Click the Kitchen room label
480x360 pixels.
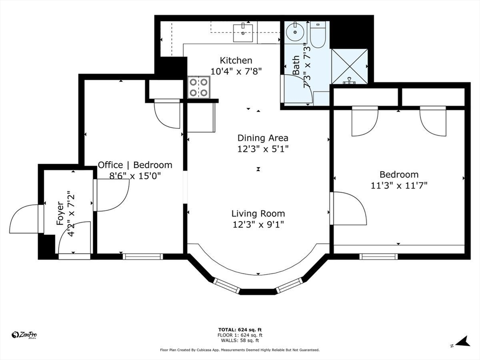pyautogui.click(x=236, y=60)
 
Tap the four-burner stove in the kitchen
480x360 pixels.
pyautogui.click(x=199, y=87)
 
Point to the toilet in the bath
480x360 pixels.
pyautogui.click(x=318, y=35)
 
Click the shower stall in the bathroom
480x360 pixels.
pyautogui.click(x=349, y=67)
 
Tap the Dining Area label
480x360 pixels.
pyautogui.click(x=262, y=138)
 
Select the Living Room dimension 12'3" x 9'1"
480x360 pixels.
pyautogui.click(x=258, y=225)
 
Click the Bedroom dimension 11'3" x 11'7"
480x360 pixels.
pyautogui.click(x=399, y=185)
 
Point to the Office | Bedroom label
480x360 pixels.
pyautogui.click(x=135, y=165)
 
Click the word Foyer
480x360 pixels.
pyautogui.click(x=60, y=213)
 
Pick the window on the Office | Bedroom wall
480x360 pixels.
pyautogui.click(x=142, y=256)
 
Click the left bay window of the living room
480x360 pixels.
pyautogui.click(x=226, y=285)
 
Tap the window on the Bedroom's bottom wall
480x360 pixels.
pyautogui.click(x=378, y=256)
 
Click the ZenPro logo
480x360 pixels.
pyautogui.click(x=24, y=335)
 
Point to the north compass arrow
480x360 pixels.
pyautogui.click(x=463, y=342)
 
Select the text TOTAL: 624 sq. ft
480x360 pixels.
pyautogui.click(x=240, y=330)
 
